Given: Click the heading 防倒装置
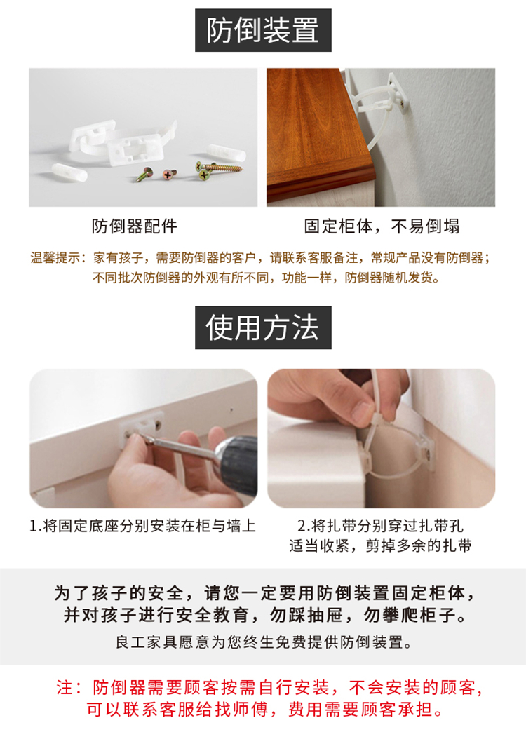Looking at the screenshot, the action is click(x=263, y=30).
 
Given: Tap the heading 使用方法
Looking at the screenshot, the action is click(x=263, y=327).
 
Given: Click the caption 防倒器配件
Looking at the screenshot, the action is click(x=135, y=226).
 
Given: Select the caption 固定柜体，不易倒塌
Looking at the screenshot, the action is click(x=382, y=226).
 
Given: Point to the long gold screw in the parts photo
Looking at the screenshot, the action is click(x=220, y=167).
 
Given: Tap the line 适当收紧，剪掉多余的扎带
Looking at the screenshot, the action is click(x=380, y=545).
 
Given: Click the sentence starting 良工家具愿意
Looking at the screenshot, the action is click(x=264, y=642).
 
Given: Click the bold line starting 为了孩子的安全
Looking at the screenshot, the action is click(x=264, y=593).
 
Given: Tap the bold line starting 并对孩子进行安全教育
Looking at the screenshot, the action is click(x=264, y=615).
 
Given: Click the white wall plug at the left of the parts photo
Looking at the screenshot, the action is click(x=69, y=172).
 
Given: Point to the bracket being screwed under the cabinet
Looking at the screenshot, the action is click(x=142, y=427).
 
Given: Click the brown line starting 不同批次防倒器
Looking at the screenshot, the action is click(x=267, y=278).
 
